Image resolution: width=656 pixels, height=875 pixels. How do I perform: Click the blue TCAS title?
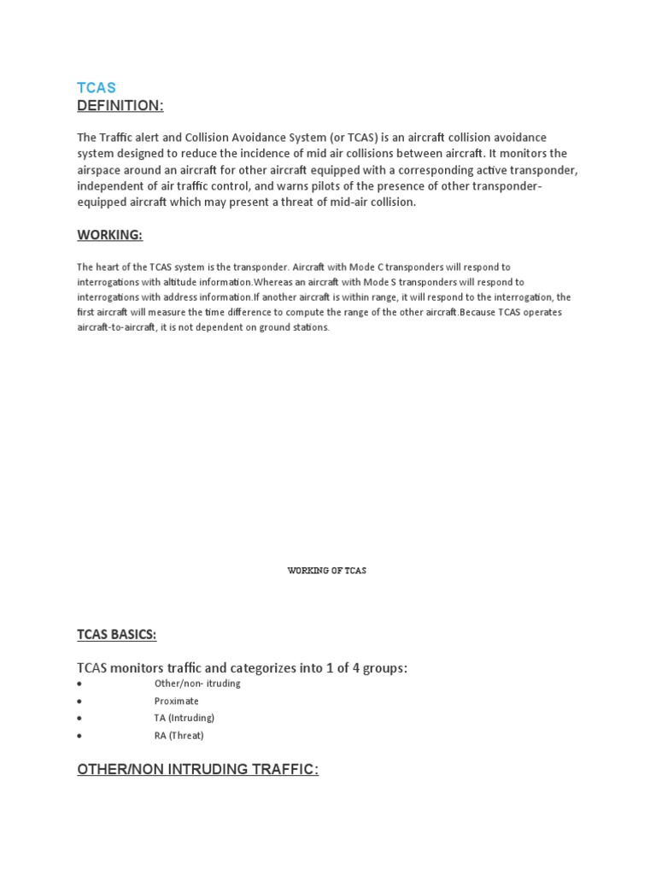[x=97, y=88]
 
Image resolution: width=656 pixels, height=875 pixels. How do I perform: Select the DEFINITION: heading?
[x=120, y=105]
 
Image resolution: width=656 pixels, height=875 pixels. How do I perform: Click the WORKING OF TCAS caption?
[x=327, y=571]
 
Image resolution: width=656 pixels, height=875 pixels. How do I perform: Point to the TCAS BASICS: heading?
[x=117, y=634]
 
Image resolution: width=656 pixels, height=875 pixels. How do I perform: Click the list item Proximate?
[x=176, y=701]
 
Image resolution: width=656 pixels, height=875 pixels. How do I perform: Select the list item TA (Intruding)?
[x=184, y=718]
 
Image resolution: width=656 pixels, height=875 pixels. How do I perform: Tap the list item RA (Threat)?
[x=179, y=735]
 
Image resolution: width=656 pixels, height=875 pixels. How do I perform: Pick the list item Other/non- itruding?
[x=197, y=684]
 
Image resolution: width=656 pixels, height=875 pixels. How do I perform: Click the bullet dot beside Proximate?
[x=79, y=702]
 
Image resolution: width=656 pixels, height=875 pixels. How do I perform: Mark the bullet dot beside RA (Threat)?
[x=79, y=736]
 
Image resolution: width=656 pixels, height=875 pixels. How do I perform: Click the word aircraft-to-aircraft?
[x=115, y=327]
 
